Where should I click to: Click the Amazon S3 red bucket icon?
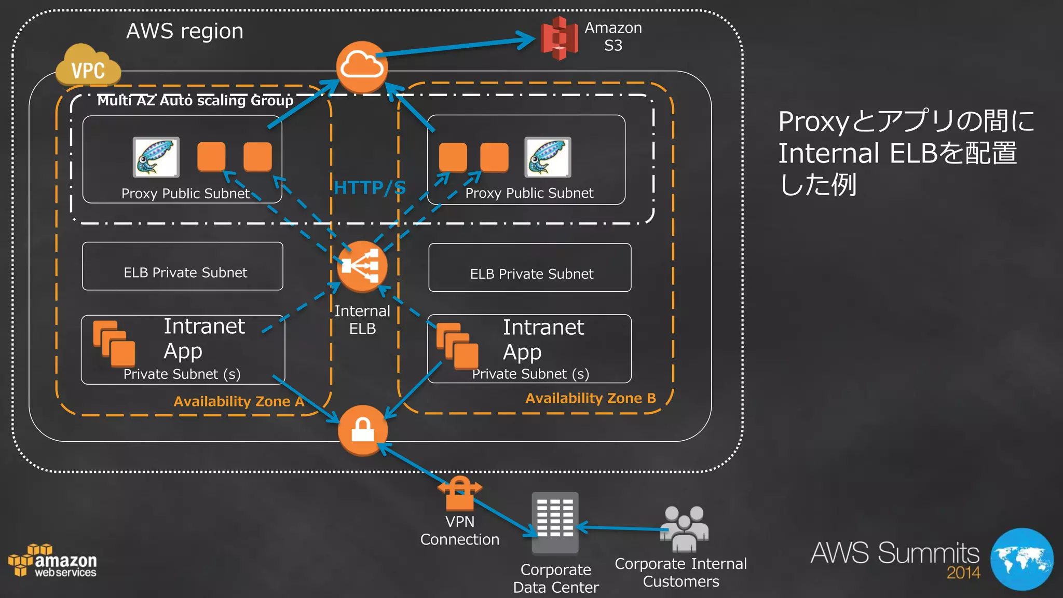[558, 38]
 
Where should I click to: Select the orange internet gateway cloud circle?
[362, 66]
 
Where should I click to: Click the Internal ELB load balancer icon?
[362, 266]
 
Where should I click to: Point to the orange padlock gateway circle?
[362, 430]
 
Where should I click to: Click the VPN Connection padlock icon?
[460, 494]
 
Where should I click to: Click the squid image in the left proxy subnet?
[156, 157]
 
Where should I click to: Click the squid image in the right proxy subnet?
[548, 157]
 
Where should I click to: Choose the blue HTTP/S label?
[369, 187]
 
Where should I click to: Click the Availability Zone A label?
[239, 401]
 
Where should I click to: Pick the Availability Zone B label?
[590, 398]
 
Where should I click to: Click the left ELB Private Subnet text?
[185, 273]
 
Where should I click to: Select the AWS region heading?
[185, 31]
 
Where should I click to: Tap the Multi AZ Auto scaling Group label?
[195, 100]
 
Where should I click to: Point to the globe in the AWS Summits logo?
[1021, 559]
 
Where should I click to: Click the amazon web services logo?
[52, 561]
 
